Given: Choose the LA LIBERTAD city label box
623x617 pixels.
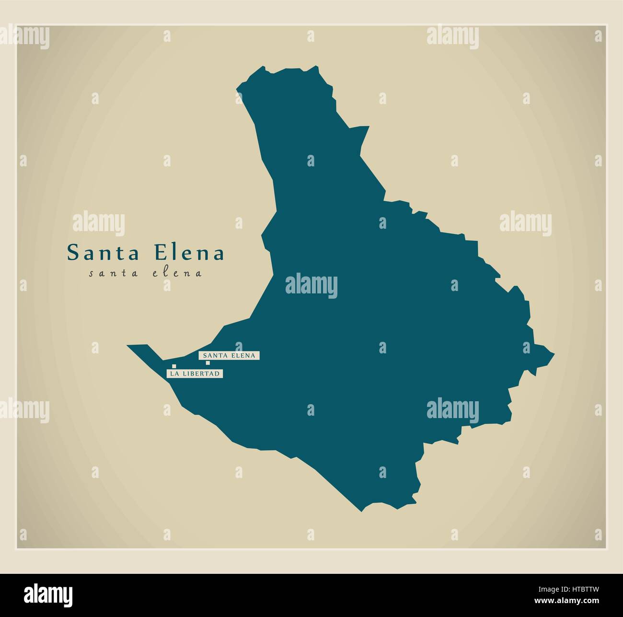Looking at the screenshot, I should (195, 373).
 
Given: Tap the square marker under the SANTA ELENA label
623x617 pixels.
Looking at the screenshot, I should (208, 363).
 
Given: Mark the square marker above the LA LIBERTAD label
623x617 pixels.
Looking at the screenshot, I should (174, 366).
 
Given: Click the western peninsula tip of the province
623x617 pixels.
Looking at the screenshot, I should (128, 345).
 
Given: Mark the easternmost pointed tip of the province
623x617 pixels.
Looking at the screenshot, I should (554, 355).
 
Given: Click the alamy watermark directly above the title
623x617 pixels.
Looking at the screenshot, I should (99, 224).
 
